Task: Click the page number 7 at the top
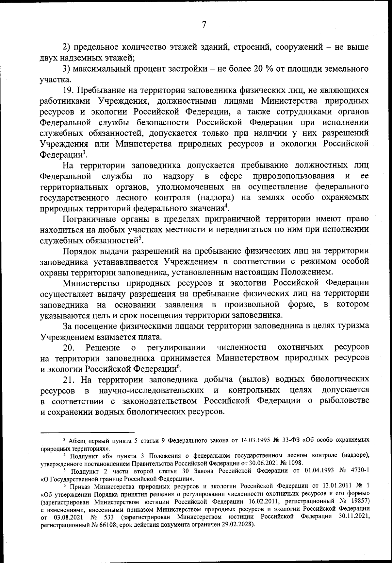click(204, 25)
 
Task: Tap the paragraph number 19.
click(69, 90)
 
